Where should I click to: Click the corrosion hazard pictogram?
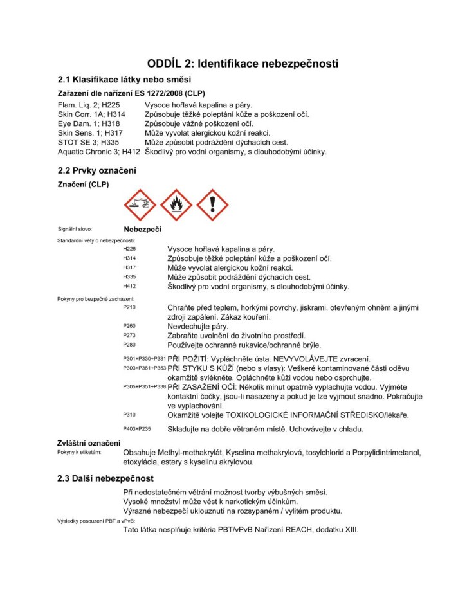coord(140,205)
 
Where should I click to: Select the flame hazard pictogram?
coord(176,205)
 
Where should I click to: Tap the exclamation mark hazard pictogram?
coord(212,205)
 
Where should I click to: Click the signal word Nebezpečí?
coord(142,229)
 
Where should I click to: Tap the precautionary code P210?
coord(129,307)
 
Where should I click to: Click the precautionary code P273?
coord(129,336)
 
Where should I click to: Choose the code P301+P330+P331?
coord(144,358)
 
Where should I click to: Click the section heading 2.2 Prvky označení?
coord(96,171)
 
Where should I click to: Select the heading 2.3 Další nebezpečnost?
coord(105,478)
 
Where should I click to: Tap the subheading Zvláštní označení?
coord(89,444)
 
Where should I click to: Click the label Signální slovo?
coord(75,229)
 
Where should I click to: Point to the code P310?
coord(129,415)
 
